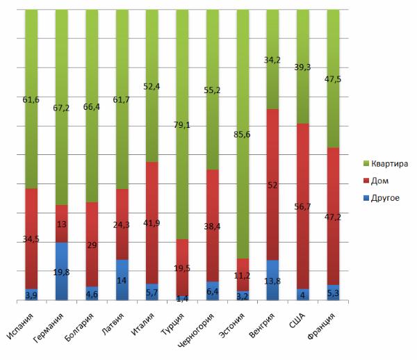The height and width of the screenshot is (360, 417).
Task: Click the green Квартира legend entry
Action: pos(387,163)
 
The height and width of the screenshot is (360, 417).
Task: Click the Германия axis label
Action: pos(51,327)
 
